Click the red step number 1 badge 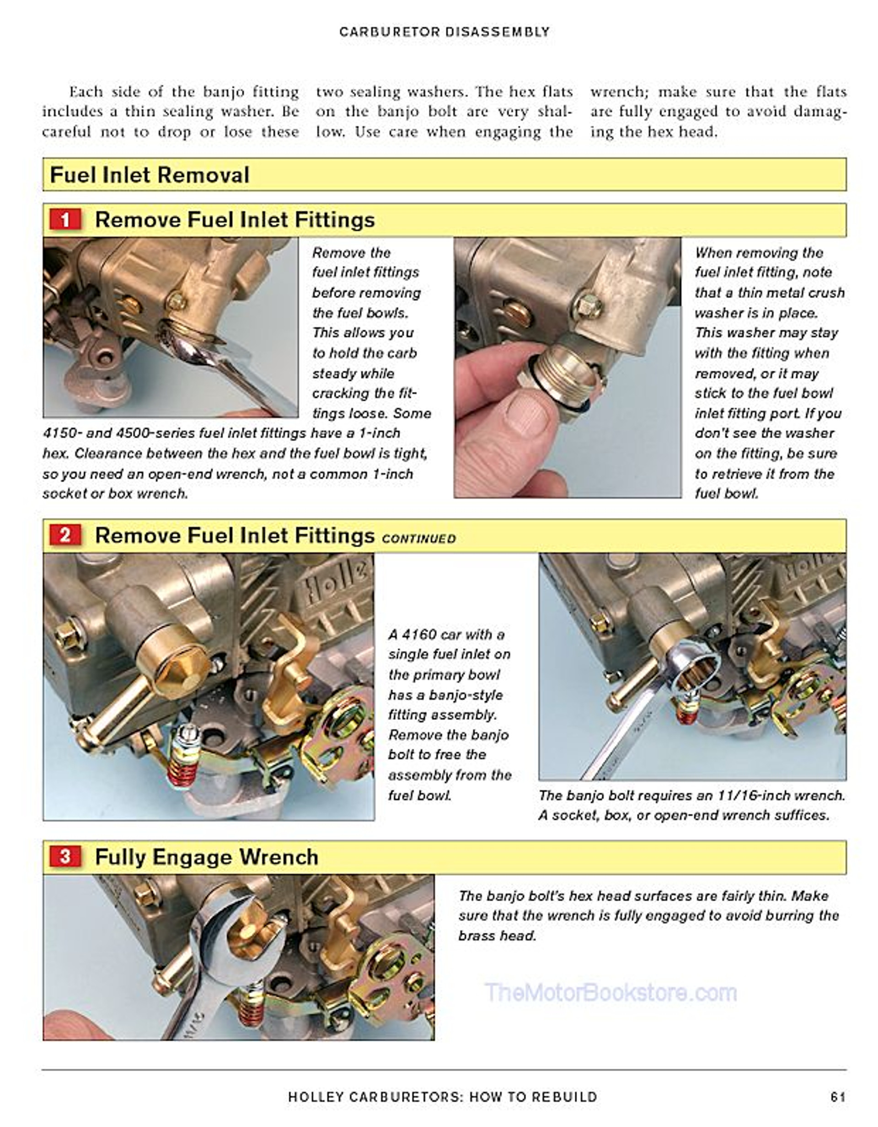point(65,220)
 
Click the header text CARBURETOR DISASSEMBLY point(444,32)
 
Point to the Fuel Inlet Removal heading point(150,175)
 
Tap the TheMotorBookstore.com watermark point(610,993)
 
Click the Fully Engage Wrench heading point(206,857)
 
